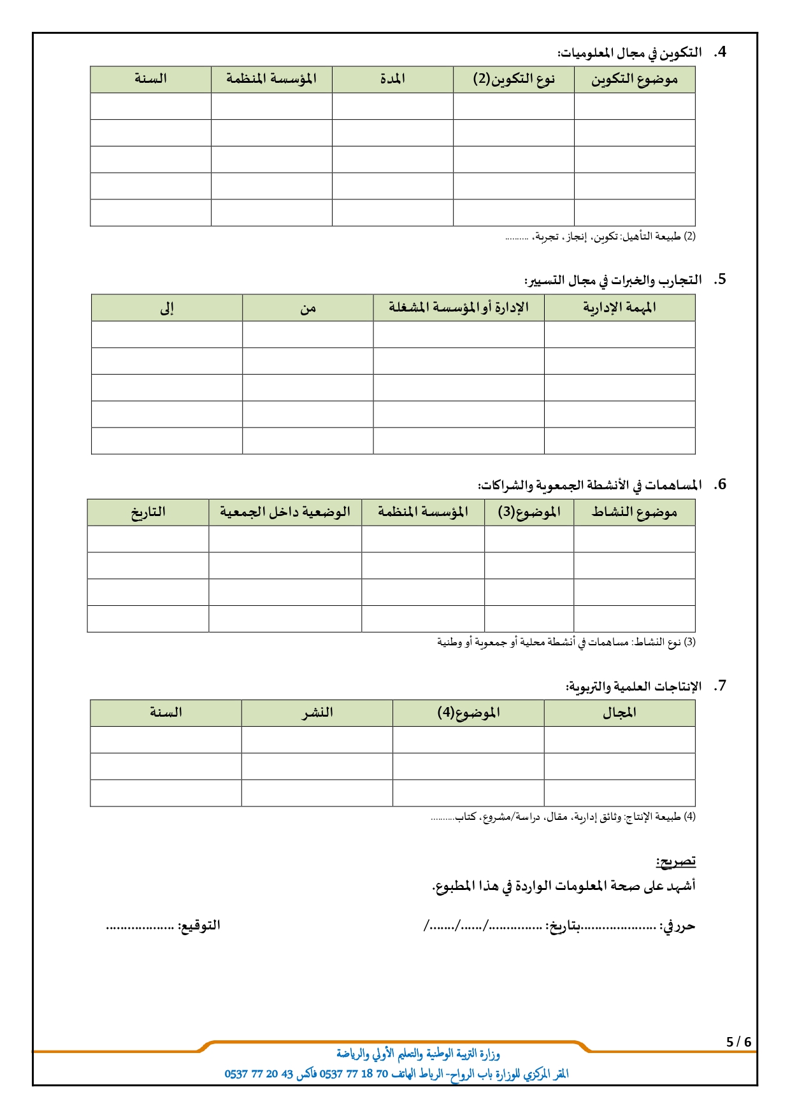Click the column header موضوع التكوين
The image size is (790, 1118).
click(x=634, y=80)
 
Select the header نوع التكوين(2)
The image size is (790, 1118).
click(x=513, y=80)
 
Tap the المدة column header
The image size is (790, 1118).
click(x=392, y=80)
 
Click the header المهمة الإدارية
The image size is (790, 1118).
click(x=619, y=308)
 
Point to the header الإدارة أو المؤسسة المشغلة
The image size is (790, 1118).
click(x=459, y=308)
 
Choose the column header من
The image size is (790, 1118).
click(x=308, y=308)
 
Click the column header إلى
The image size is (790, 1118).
click(x=166, y=308)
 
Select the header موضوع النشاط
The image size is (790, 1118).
click(x=634, y=512)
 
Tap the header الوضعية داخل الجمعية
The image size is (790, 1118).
click(x=285, y=512)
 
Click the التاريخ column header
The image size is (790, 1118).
click(x=148, y=512)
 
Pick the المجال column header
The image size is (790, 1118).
click(x=619, y=713)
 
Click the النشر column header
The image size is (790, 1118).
click(x=317, y=713)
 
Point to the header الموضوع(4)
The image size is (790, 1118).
click(x=468, y=713)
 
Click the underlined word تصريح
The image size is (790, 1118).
click(x=676, y=862)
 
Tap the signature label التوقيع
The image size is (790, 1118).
click(x=199, y=926)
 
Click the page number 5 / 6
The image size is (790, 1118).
click(x=739, y=1042)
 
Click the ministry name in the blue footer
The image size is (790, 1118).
click(x=418, y=1055)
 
